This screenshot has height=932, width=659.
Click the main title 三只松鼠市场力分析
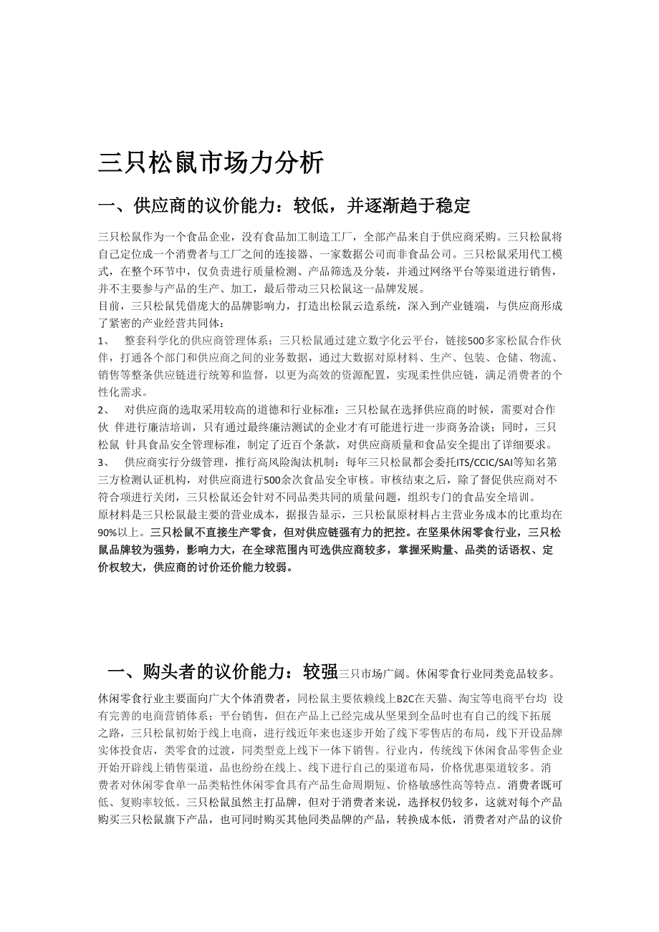[211, 163]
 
